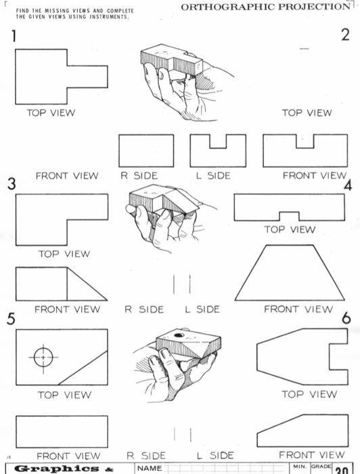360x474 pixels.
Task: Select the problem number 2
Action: point(345,36)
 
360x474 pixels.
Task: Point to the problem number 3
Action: point(11,184)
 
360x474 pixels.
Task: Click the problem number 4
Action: point(348,186)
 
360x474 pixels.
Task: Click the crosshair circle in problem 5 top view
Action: point(43,356)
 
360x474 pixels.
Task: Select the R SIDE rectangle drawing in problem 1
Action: point(146,150)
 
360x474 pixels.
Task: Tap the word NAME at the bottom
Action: point(150,468)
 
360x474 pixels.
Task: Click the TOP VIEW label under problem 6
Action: point(309,394)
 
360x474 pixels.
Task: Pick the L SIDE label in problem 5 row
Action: point(215,456)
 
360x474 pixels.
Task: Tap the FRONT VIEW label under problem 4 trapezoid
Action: point(298,309)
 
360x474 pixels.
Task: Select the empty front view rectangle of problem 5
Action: point(62,431)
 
